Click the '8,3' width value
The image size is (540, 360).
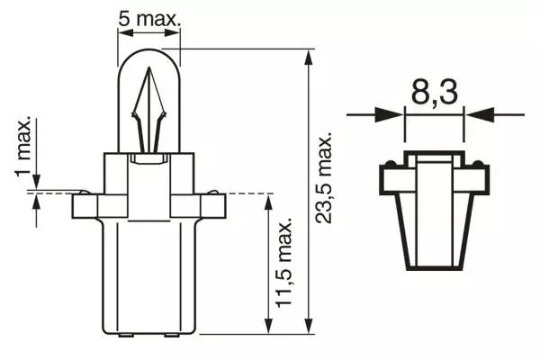[x=435, y=93]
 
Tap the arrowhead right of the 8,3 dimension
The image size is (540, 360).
[x=478, y=114]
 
